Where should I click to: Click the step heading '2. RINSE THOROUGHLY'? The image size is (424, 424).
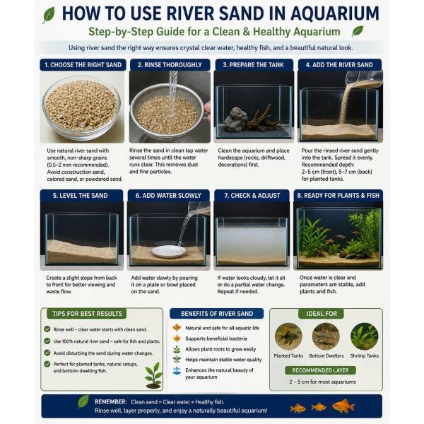(x=170, y=65)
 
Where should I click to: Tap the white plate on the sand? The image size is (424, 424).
(x=169, y=251)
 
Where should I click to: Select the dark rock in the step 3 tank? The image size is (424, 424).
(x=235, y=119)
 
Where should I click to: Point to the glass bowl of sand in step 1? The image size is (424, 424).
(x=82, y=108)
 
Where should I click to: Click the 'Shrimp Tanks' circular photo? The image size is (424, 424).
(x=364, y=336)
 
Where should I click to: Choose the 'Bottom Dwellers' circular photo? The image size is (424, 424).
(x=326, y=336)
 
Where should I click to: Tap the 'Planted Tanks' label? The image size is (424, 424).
(x=288, y=356)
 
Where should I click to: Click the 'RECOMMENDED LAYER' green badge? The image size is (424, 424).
(x=320, y=370)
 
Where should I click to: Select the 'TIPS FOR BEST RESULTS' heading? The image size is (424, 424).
(x=87, y=314)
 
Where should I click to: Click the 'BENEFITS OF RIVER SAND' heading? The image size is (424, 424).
(x=217, y=314)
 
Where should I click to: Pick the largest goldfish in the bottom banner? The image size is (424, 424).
(x=343, y=406)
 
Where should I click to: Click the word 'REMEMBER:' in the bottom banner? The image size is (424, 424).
(x=111, y=402)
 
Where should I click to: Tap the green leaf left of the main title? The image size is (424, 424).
(x=49, y=15)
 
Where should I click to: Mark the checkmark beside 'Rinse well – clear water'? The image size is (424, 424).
(x=47, y=329)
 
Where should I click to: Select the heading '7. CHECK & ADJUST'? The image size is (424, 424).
(x=252, y=196)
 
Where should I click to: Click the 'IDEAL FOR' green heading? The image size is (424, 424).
(x=322, y=314)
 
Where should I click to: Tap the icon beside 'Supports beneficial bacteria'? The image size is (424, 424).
(x=177, y=338)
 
